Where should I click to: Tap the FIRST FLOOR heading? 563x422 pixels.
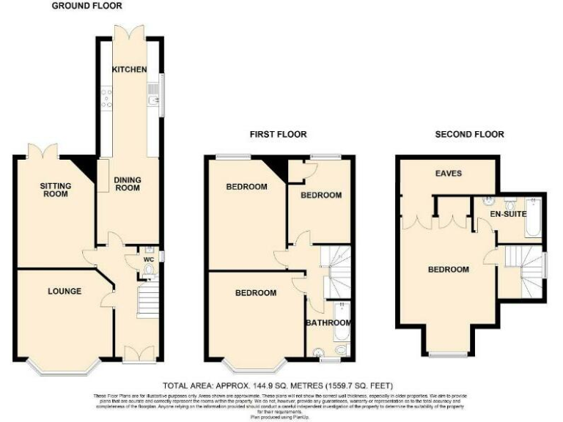click(x=278, y=135)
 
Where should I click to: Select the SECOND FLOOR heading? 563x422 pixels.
click(x=470, y=135)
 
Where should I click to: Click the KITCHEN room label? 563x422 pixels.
click(x=129, y=70)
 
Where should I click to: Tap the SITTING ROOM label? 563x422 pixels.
click(x=55, y=190)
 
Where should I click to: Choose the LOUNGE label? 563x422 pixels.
click(x=65, y=292)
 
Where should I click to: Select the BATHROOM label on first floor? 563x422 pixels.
click(x=328, y=323)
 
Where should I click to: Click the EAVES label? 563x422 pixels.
click(x=448, y=174)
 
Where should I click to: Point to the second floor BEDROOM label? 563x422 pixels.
click(x=448, y=270)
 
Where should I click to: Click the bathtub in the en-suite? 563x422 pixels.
click(x=533, y=218)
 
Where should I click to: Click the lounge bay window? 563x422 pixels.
click(x=64, y=364)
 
